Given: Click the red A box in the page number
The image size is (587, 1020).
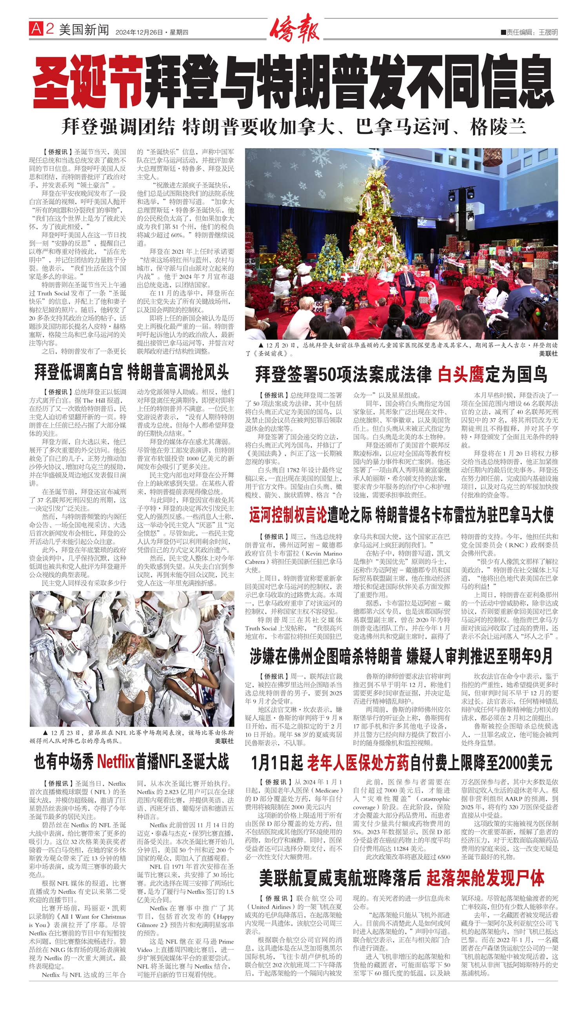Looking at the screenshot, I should [36, 29].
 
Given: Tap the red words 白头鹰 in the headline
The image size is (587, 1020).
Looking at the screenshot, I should [461, 375].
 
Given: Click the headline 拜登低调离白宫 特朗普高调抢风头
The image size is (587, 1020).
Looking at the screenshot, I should [131, 372].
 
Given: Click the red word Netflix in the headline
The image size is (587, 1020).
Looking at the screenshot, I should [115, 761].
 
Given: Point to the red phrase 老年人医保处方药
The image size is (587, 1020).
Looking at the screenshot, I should [358, 762].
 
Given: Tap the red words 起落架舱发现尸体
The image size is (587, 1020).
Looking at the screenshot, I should [485, 878].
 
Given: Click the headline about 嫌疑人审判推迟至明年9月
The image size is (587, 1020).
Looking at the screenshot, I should [401, 656].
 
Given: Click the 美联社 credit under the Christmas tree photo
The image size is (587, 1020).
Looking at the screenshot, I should [548, 354].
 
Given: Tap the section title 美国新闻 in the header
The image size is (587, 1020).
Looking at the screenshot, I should [84, 29].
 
